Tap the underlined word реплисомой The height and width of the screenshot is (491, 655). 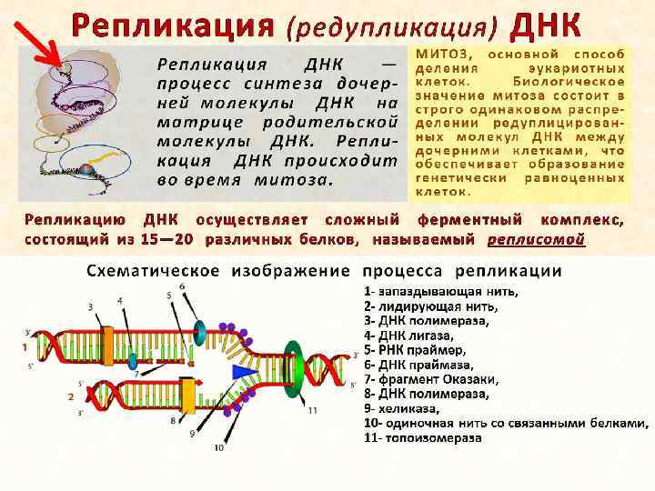pos(536,240)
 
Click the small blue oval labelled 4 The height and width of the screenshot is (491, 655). pos(133,359)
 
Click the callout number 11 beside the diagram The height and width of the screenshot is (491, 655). pos(312,411)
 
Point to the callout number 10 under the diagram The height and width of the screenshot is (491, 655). pos(218,447)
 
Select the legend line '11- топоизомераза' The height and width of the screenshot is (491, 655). pos(423,437)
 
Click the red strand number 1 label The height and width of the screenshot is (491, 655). pos(24,347)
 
